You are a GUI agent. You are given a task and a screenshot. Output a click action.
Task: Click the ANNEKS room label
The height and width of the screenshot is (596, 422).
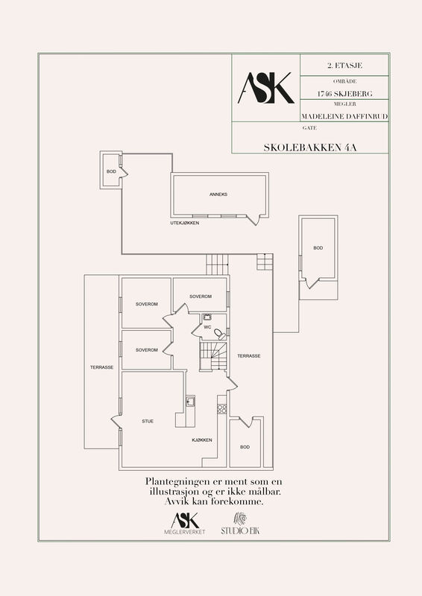pos(218,194)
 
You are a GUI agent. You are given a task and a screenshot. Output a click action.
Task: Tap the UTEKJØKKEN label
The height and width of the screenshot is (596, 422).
pos(185,223)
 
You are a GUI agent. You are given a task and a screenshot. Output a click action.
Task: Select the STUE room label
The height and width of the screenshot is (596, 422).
pos(148,421)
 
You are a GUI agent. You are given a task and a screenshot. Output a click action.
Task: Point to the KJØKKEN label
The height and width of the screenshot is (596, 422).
pos(202,440)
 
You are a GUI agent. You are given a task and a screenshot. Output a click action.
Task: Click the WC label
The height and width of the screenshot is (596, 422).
pos(207,327)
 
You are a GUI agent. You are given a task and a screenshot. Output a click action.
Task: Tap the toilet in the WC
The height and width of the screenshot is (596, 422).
pos(219,334)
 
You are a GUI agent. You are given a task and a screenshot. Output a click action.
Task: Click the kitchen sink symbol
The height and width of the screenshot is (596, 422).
pos(190,401)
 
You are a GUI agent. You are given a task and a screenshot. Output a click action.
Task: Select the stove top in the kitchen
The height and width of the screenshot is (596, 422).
pos(222,408)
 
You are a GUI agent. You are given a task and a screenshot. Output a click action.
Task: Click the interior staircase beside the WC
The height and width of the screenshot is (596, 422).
pos(213,356)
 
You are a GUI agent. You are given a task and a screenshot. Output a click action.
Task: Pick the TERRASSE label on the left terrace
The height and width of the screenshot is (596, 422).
pos(101,367)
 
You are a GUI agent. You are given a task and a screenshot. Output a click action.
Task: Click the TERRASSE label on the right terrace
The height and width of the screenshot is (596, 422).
pos(249,356)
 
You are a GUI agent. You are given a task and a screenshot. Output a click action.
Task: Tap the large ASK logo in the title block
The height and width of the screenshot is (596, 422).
pos(266,88)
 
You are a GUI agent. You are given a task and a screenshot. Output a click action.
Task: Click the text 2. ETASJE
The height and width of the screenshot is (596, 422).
pos(344,66)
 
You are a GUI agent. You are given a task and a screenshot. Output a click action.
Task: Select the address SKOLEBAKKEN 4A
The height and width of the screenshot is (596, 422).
pos(310,148)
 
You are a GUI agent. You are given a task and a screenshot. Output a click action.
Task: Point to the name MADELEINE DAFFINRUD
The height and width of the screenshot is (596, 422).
pos(344,116)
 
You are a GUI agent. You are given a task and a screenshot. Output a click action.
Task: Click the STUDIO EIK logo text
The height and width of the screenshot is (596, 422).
pos(241,530)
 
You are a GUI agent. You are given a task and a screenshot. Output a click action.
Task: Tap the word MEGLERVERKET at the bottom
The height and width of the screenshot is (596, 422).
pos(185,532)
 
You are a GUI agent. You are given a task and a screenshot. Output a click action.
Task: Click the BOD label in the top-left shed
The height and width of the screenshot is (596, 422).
pos(111,172)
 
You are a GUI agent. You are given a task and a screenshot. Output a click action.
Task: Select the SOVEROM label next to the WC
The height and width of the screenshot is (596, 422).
pos(201,297)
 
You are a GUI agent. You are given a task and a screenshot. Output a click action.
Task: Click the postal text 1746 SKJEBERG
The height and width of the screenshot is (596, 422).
pos(344,94)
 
